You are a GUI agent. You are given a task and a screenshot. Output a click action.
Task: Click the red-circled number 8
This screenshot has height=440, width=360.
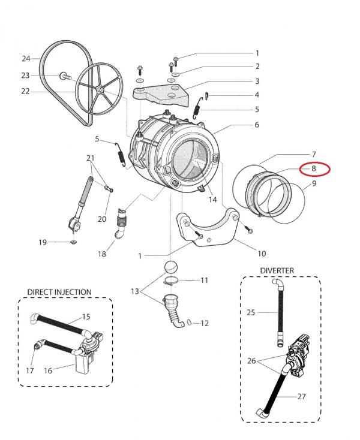[313, 169]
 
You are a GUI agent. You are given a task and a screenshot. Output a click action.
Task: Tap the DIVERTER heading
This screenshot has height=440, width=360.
[277, 271]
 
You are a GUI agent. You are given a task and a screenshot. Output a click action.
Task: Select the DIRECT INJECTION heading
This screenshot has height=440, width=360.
[59, 292]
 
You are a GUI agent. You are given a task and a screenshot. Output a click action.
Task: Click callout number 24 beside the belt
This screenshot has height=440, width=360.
[26, 59]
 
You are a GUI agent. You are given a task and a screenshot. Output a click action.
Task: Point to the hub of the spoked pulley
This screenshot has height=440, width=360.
[102, 90]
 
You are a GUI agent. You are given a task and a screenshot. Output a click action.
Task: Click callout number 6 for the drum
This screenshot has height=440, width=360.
[256, 125]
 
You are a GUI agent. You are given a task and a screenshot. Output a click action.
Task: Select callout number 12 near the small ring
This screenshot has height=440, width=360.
[205, 324]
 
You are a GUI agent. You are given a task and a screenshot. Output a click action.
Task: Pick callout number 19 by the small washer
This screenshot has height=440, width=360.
[43, 242]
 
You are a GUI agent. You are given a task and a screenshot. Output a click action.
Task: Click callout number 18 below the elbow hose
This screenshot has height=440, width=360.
[102, 254]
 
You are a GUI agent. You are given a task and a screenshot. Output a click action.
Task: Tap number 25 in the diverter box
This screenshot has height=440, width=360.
[251, 312]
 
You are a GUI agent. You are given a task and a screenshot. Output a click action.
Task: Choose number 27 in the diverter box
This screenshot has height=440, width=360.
[302, 397]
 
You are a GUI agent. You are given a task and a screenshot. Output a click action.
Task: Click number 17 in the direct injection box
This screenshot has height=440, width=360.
[30, 370]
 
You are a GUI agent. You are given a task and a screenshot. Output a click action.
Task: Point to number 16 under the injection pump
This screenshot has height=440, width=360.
[49, 370]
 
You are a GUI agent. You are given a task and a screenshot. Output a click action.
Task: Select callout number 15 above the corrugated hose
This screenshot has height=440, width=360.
[86, 316]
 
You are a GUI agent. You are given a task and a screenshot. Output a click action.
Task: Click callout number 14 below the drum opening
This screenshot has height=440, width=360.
[212, 200]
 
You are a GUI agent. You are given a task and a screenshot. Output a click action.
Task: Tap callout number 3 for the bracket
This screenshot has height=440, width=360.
[256, 81]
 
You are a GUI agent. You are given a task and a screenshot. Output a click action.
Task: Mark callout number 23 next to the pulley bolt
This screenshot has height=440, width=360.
[25, 76]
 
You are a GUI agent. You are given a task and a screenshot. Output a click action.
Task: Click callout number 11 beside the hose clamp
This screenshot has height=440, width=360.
[204, 280]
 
